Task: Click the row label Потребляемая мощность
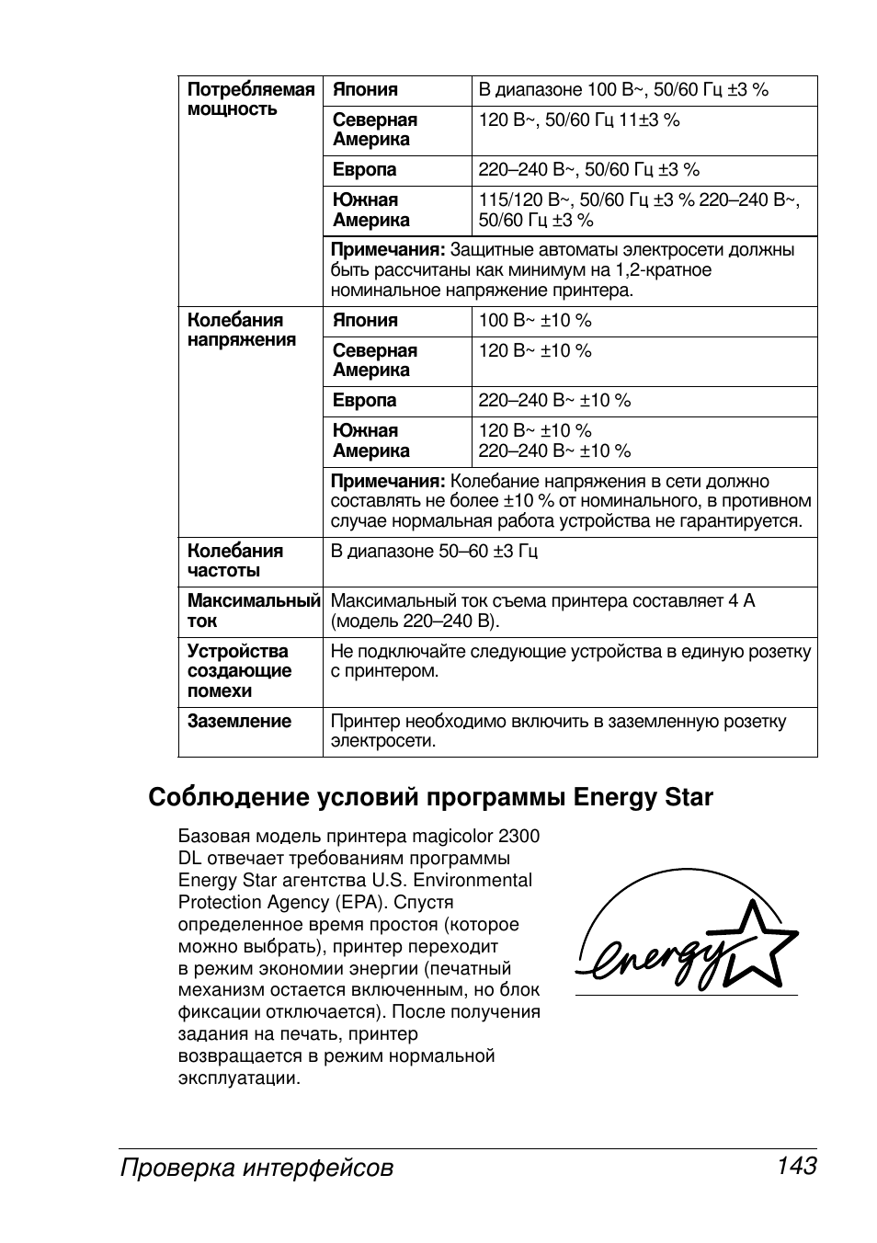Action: click(250, 99)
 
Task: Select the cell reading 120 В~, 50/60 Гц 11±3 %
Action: click(579, 120)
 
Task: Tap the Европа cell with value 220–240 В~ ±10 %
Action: click(554, 401)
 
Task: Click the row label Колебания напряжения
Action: click(242, 330)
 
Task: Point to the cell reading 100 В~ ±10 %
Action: click(535, 321)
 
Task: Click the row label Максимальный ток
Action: click(252, 610)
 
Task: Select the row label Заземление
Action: click(239, 722)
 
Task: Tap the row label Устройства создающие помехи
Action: click(238, 671)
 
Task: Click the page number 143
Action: click(796, 1167)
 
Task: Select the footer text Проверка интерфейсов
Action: click(256, 1168)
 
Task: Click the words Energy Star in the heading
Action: click(643, 797)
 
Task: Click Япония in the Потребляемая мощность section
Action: click(365, 90)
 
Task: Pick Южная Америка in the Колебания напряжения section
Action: click(370, 441)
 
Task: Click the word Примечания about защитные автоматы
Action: click(387, 250)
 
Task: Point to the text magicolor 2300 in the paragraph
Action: click(475, 837)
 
